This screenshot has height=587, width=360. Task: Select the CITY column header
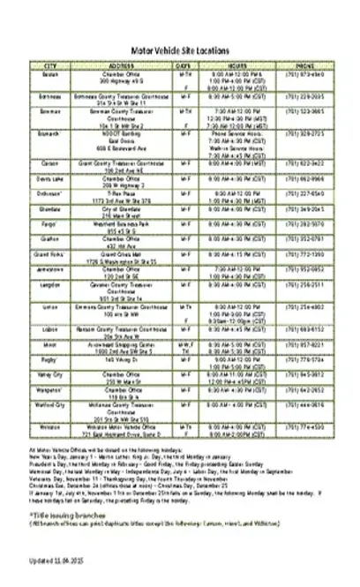(x=50, y=66)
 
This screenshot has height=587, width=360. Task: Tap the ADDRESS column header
(x=120, y=66)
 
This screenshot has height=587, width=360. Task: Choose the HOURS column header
(x=236, y=66)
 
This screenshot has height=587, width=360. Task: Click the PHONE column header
(x=306, y=66)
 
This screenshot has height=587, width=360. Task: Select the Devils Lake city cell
(x=50, y=177)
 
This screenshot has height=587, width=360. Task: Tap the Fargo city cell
(x=50, y=225)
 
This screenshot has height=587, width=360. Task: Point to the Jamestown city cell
(x=50, y=267)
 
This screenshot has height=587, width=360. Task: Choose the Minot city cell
(x=50, y=343)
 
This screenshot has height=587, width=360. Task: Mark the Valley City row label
(x=50, y=373)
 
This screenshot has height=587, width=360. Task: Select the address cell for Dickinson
(x=120, y=195)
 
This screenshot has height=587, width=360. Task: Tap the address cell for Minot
(x=120, y=346)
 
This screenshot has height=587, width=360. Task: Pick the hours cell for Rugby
(x=236, y=362)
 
